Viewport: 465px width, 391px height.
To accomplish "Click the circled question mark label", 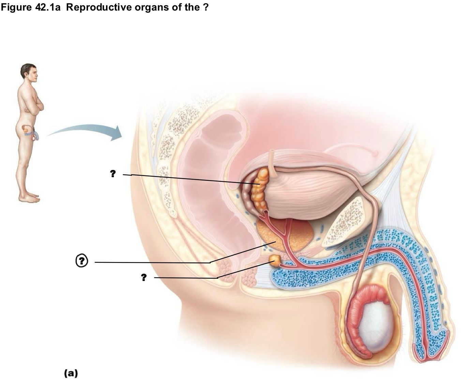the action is tap(82, 261).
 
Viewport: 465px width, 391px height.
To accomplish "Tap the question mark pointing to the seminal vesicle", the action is tap(113, 173).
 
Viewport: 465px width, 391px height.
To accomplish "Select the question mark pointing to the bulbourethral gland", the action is tap(144, 277).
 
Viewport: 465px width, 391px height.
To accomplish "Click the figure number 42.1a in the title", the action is tap(48, 8).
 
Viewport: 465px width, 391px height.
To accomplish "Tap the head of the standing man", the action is tap(29, 73).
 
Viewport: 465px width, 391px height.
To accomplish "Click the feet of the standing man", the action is tap(29, 198).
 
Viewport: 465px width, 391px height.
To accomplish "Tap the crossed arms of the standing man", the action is tap(35, 107).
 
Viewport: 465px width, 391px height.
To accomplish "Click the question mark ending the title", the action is tap(206, 8).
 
